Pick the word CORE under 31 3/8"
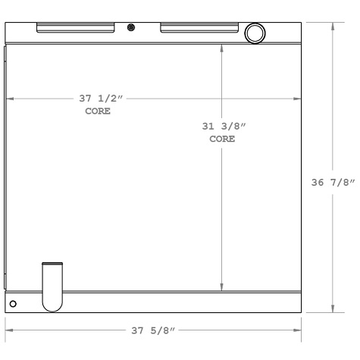221,139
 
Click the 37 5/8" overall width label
154,330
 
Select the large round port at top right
255,33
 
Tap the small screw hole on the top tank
132,27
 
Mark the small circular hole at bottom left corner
12,303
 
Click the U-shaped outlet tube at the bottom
52,286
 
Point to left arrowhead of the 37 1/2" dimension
9,99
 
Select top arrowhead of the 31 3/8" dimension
221,45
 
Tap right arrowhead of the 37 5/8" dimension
299,330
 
